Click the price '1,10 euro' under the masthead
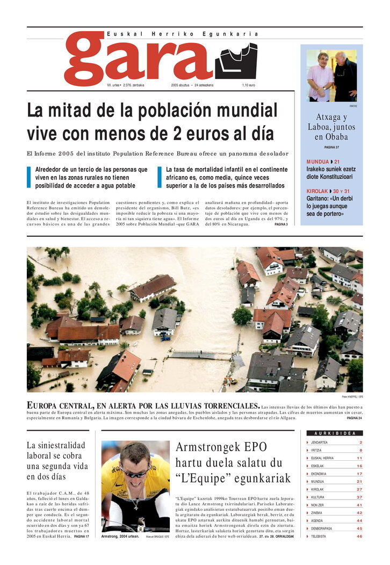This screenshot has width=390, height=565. pos(248,85)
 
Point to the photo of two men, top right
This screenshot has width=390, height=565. pos(331,76)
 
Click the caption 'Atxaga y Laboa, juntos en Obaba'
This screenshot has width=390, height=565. pos(331,127)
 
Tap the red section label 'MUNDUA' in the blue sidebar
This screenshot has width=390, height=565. pos(317,162)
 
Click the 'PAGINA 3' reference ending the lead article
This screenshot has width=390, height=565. pos(281,224)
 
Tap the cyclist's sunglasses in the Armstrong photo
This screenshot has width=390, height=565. pos(134,473)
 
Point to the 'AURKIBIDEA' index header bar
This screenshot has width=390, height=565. pos(334,433)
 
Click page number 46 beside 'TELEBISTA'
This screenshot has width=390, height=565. pos(359,536)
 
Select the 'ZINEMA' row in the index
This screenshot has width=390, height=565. pos(318,513)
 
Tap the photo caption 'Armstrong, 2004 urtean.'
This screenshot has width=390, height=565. pos(120,536)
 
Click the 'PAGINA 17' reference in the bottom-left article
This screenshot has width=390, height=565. pos(81,536)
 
